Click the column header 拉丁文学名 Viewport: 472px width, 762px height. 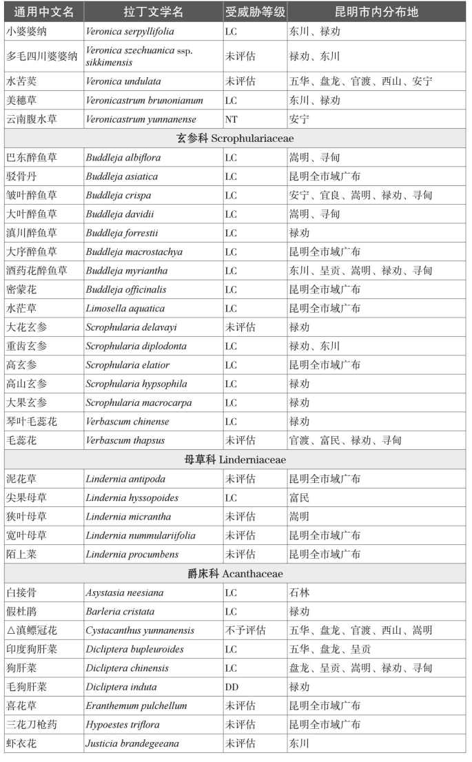(x=154, y=12)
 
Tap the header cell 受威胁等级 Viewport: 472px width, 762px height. (x=255, y=12)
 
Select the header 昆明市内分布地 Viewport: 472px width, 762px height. (x=376, y=12)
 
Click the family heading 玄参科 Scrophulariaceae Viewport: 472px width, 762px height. (x=236, y=138)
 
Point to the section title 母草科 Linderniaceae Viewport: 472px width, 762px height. (x=236, y=460)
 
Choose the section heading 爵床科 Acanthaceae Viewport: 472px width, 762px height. (x=236, y=573)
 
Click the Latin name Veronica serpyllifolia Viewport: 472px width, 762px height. (x=130, y=32)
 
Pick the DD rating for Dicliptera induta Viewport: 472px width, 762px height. (x=232, y=687)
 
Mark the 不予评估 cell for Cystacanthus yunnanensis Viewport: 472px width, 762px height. (x=246, y=630)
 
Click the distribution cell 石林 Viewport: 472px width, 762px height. (x=299, y=593)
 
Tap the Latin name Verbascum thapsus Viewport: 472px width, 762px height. (x=123, y=440)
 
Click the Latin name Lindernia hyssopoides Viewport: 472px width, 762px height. (x=132, y=497)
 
